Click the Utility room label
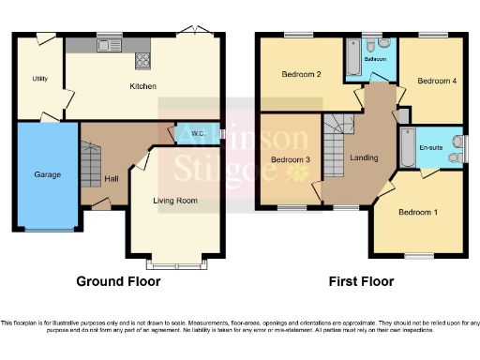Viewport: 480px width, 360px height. (x=39, y=79)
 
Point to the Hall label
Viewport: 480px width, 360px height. (x=111, y=179)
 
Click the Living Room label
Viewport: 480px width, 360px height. (x=175, y=200)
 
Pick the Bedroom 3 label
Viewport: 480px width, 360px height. (x=290, y=160)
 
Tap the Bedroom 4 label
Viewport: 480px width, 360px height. (x=437, y=82)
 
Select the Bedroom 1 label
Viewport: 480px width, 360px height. (x=418, y=212)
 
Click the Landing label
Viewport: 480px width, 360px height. (x=364, y=157)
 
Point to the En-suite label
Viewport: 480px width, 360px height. (x=431, y=148)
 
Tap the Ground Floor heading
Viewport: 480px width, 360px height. (x=118, y=281)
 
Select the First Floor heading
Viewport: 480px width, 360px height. (x=360, y=281)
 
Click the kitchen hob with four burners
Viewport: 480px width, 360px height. (x=144, y=60)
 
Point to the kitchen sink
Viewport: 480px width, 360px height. (x=111, y=44)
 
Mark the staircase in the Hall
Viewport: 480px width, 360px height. (x=92, y=166)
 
